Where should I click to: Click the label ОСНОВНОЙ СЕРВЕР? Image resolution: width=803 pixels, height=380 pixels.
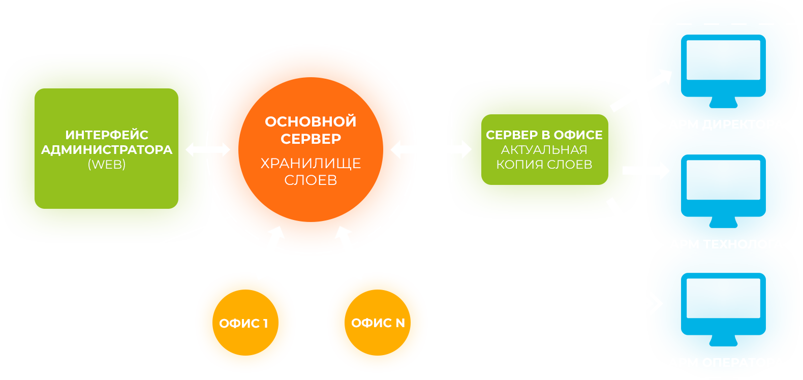(x=311, y=130)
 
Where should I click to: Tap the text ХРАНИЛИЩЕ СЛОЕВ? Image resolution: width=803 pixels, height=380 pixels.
(x=311, y=172)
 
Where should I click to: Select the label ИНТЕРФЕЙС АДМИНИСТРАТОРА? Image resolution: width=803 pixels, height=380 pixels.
(x=107, y=142)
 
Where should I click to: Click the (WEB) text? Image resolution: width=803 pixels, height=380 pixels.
(x=107, y=165)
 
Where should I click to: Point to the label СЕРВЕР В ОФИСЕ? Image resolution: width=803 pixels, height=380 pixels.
(x=544, y=135)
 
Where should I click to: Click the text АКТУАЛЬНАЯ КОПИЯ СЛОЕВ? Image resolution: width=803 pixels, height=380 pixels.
(x=544, y=157)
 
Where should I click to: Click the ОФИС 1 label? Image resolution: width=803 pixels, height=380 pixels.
(x=243, y=324)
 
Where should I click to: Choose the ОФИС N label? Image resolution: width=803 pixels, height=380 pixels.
(x=378, y=323)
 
